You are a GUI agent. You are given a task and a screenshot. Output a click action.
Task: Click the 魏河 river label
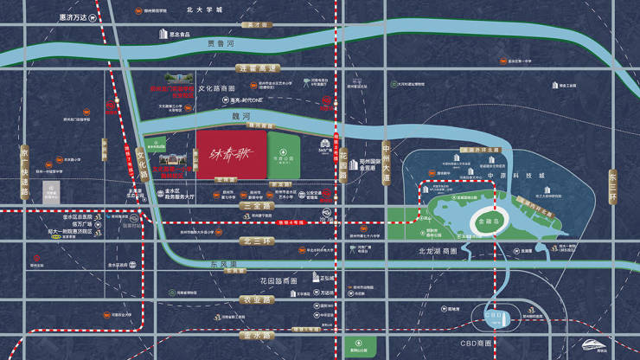(240, 113)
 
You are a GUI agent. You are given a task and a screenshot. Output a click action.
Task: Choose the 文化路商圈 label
(216, 87)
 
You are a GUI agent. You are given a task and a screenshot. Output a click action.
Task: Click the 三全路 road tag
(234, 206)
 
